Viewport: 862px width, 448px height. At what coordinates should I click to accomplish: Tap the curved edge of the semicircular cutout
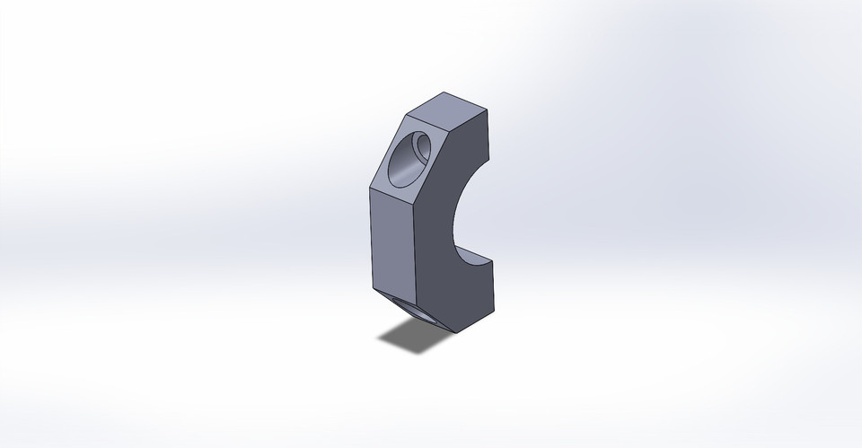[x=454, y=215]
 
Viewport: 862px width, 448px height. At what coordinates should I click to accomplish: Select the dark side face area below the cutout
[x=458, y=296]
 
